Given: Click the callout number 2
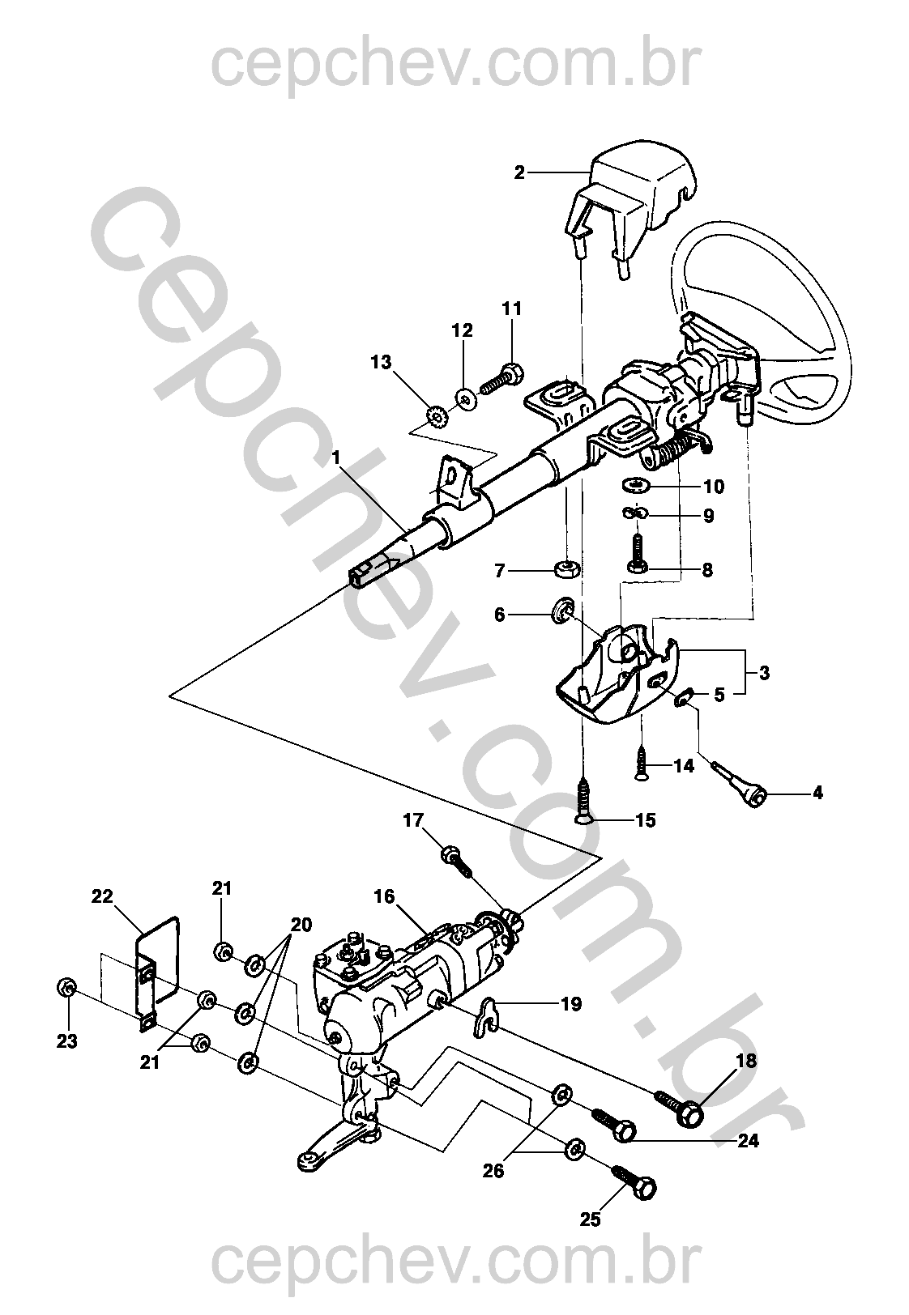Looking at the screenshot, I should [519, 172].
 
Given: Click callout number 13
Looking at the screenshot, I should [381, 361].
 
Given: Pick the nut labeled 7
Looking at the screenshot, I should [565, 569].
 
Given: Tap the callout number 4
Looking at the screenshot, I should [817, 793].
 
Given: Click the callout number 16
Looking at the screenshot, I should [384, 896].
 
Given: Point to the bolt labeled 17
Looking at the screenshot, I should [456, 862].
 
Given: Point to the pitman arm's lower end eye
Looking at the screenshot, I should [309, 1161].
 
